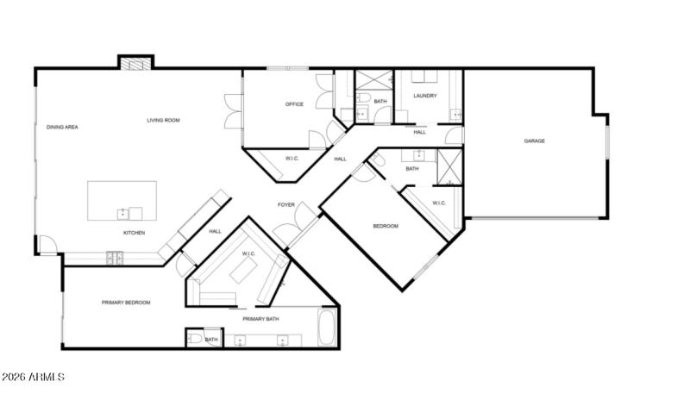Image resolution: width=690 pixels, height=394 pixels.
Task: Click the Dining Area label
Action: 63,127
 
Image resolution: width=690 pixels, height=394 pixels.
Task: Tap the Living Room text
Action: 163,120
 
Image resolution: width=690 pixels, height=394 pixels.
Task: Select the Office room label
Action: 295,104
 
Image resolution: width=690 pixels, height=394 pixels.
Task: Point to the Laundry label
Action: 425,96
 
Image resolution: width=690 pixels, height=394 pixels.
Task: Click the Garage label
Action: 535,141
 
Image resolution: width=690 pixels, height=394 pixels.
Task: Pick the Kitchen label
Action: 134,233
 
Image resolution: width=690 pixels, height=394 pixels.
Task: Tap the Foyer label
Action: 286,204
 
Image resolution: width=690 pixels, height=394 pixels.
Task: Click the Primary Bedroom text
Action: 126,302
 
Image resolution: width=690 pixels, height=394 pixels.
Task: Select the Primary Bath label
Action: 260,319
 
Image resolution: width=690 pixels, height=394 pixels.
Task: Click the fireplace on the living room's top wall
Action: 135,63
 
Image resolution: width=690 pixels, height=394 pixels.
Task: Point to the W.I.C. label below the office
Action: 292,159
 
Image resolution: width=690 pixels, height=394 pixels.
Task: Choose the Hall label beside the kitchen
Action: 215,230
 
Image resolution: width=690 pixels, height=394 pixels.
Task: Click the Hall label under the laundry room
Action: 419,132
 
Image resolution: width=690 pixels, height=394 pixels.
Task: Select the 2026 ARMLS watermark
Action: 33,378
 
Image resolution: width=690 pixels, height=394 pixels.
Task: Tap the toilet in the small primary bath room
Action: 195,340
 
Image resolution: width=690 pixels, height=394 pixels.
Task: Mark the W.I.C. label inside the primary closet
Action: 248,253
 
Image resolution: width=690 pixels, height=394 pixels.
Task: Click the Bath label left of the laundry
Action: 380,102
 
